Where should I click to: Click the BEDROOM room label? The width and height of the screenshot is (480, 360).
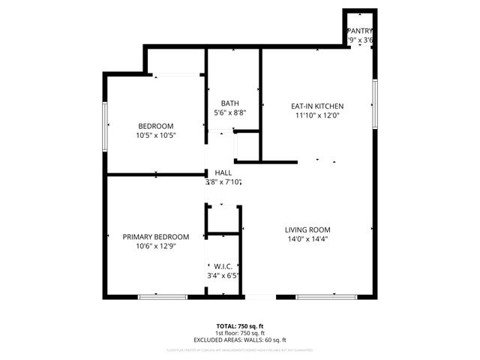tap(155, 125)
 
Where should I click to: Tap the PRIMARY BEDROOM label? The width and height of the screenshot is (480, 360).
tap(155, 236)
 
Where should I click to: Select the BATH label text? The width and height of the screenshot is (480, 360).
tap(229, 103)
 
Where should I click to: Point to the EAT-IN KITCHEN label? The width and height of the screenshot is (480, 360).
tap(317, 106)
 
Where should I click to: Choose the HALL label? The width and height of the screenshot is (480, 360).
tap(223, 172)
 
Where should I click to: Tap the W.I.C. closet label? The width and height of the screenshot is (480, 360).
tap(223, 265)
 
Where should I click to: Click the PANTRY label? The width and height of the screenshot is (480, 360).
tap(360, 31)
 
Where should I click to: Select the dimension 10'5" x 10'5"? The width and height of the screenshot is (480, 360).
tap(155, 136)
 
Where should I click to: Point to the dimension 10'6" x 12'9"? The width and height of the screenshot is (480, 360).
tap(155, 246)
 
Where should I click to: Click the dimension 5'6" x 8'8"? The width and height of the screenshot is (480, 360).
tap(229, 112)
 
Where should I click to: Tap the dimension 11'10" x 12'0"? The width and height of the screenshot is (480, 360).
tap(317, 115)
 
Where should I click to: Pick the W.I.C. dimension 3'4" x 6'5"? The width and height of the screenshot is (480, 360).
tap(223, 275)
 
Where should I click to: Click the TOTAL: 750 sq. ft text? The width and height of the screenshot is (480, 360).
tap(240, 325)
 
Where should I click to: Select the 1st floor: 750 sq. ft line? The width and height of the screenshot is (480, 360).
tap(240, 333)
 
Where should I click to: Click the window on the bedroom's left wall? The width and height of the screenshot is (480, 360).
tap(106, 118)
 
